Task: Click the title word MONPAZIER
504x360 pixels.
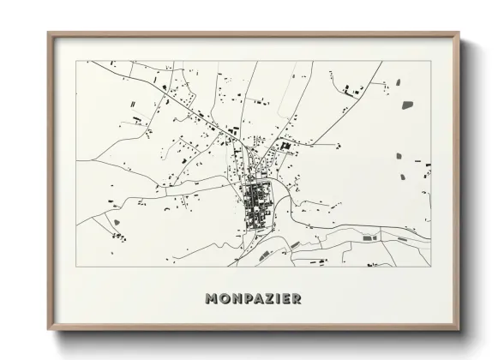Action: tap(253, 299)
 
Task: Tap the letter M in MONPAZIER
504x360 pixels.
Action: tap(212, 299)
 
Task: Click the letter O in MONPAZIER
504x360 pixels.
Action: tap(223, 299)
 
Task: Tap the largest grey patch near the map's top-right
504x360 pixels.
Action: tap(406, 105)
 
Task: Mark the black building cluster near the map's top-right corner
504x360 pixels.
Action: tap(351, 88)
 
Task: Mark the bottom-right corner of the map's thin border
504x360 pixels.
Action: tap(431, 265)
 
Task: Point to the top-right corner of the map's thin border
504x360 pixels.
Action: tap(431, 62)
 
